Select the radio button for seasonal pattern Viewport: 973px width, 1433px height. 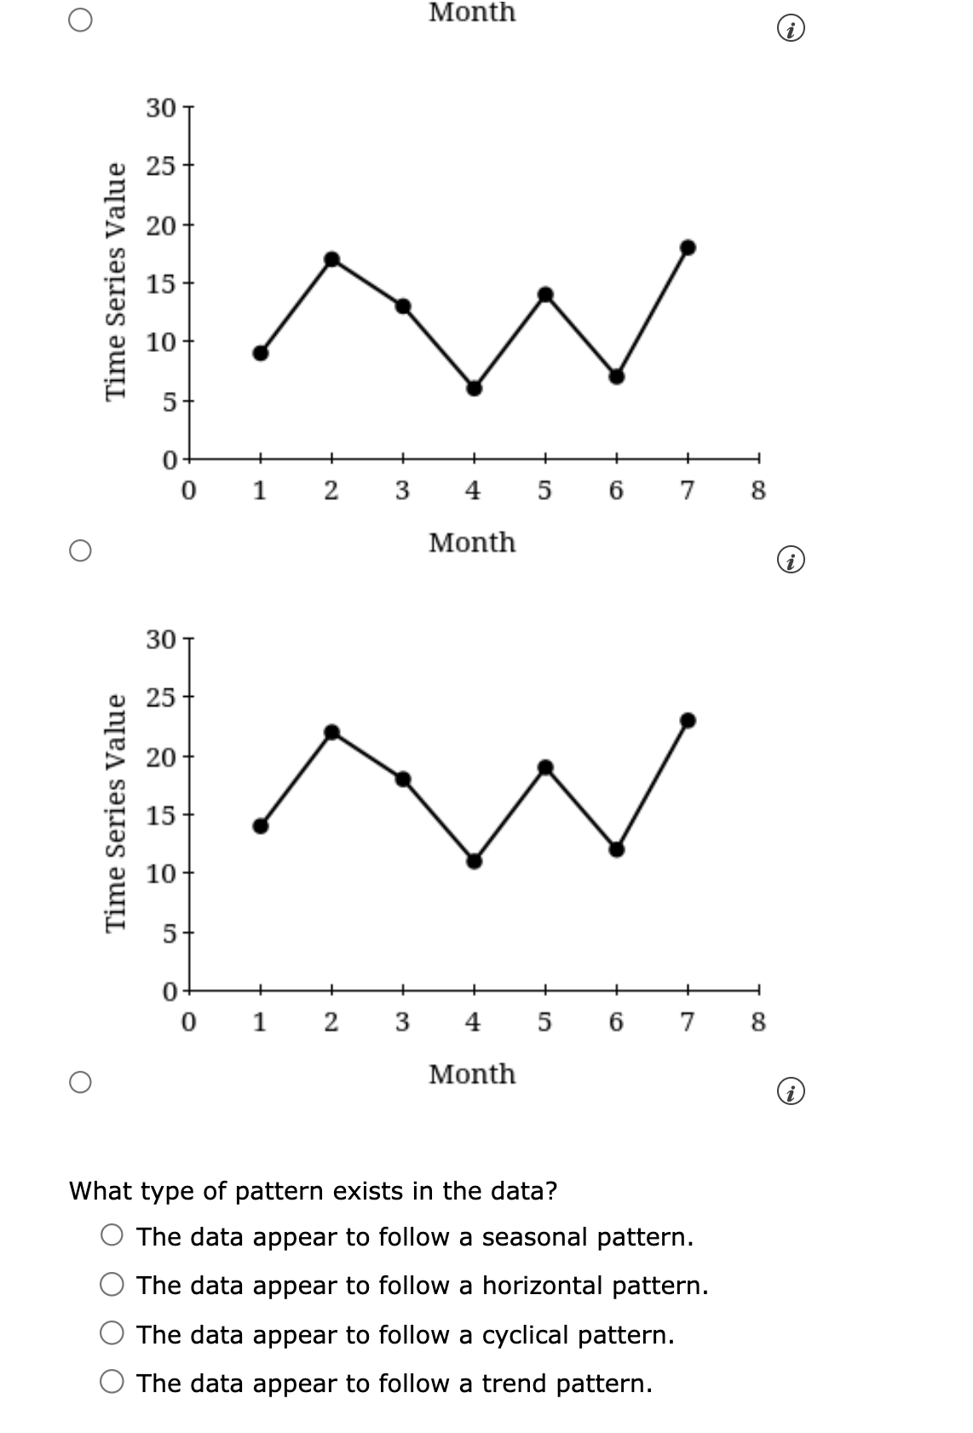pyautogui.click(x=112, y=1234)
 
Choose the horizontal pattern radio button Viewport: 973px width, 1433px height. pyautogui.click(x=112, y=1284)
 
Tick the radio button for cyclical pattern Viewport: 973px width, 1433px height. pyautogui.click(x=112, y=1333)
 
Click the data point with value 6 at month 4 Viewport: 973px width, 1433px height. pyautogui.click(x=474, y=388)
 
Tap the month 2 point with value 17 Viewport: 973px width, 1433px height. pyautogui.click(x=332, y=259)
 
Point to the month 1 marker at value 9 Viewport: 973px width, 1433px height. pyautogui.click(x=261, y=353)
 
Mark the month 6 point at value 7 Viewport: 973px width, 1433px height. pyautogui.click(x=617, y=377)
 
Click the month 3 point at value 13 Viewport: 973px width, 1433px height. pyautogui.click(x=403, y=307)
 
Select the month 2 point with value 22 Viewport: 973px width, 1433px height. pyautogui.click(x=332, y=732)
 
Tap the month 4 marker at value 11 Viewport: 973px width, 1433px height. pyautogui.click(x=474, y=861)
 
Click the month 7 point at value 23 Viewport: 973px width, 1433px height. pyautogui.click(x=688, y=721)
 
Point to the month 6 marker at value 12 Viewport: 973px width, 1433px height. pyautogui.click(x=617, y=849)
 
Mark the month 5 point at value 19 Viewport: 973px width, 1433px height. pyautogui.click(x=545, y=767)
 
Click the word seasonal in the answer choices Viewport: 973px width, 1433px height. pyautogui.click(x=535, y=1236)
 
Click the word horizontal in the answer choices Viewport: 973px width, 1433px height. pyautogui.click(x=543, y=1286)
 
